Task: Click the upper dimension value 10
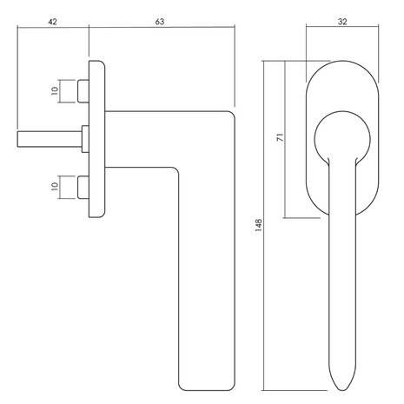(x=54, y=90)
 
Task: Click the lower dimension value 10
(x=54, y=185)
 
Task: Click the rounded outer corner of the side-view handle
(x=231, y=114)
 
